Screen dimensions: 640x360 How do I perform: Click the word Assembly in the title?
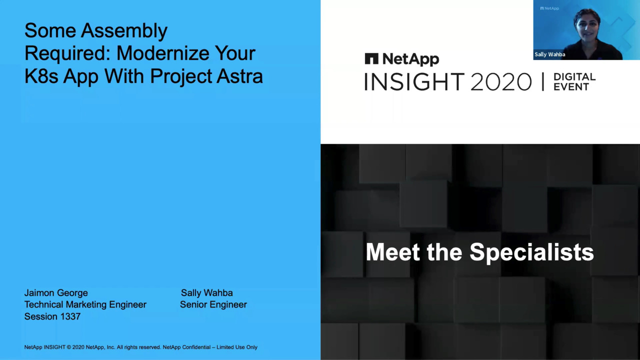pyautogui.click(x=124, y=31)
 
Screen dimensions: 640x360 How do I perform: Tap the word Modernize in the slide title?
pyautogui.click(x=163, y=53)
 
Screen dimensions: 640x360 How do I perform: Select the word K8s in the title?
pyautogui.click(x=41, y=76)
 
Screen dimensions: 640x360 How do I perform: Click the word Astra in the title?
pyautogui.click(x=239, y=76)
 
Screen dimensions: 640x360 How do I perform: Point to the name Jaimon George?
pyautogui.click(x=56, y=293)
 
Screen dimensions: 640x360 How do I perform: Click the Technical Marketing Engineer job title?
pyautogui.click(x=85, y=304)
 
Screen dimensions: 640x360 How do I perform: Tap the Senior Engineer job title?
pyautogui.click(x=213, y=304)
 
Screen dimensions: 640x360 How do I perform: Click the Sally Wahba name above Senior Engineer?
pyautogui.click(x=207, y=293)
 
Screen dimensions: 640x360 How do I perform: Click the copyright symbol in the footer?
pyautogui.click(x=68, y=347)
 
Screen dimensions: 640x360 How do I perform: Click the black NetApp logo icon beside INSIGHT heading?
pyautogui.click(x=371, y=58)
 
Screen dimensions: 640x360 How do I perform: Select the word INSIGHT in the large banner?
pyautogui.click(x=414, y=81)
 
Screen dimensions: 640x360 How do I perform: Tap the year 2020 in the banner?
pyautogui.click(x=501, y=81)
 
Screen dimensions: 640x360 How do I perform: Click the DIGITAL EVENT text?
pyautogui.click(x=574, y=81)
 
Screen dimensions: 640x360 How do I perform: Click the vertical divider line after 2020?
pyautogui.click(x=543, y=81)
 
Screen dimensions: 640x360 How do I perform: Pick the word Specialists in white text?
pyautogui.click(x=531, y=252)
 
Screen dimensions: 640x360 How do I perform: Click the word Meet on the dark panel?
pyautogui.click(x=393, y=251)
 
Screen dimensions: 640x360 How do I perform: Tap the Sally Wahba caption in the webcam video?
pyautogui.click(x=549, y=54)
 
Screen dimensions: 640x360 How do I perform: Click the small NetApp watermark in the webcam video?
pyautogui.click(x=549, y=8)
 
